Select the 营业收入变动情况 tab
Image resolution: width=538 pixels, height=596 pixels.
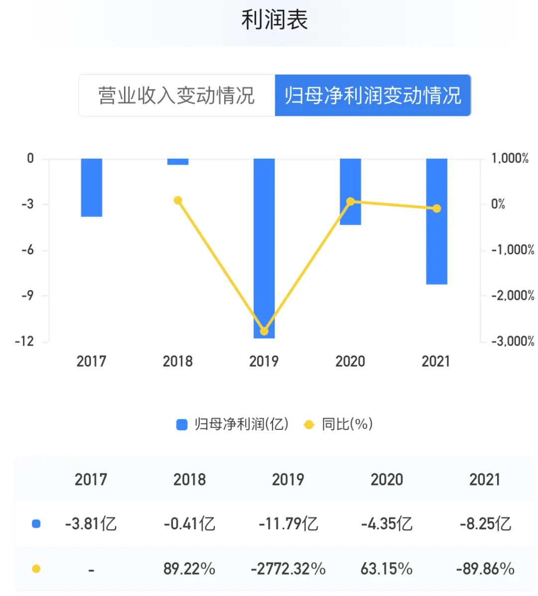click(176, 96)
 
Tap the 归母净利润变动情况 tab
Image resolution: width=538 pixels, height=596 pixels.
click(373, 96)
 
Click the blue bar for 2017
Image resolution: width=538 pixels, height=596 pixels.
click(92, 188)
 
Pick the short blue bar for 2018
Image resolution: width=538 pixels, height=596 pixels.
click(178, 162)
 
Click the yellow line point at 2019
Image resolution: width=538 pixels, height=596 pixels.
click(264, 331)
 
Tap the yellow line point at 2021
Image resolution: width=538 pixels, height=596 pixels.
click(436, 208)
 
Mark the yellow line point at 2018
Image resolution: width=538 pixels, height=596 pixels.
click(178, 200)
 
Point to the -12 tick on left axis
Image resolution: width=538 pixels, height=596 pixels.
click(24, 341)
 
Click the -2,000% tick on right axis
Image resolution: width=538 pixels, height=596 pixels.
click(513, 296)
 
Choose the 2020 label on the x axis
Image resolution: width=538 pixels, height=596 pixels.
click(350, 361)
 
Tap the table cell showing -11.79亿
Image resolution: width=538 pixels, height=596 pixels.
click(288, 524)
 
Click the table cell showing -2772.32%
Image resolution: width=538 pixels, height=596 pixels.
click(288, 569)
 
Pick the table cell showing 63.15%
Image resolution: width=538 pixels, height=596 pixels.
click(387, 569)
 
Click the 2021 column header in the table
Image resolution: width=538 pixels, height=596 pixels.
click(485, 480)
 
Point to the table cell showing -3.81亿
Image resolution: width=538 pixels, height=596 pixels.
click(91, 524)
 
